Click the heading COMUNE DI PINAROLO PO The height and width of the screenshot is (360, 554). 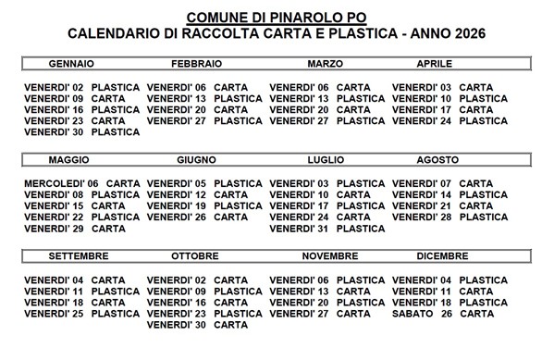(277, 17)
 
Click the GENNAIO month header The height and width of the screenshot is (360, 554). (71, 64)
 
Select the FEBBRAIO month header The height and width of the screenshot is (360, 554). (196, 64)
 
